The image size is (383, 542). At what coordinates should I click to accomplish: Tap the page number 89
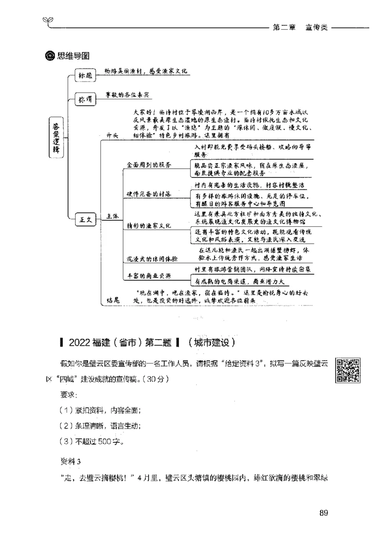tap(323, 513)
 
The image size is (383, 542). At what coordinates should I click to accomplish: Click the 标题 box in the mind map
tap(85, 75)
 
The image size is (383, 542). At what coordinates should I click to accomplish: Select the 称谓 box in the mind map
tap(85, 99)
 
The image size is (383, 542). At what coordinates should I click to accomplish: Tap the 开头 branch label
tap(113, 136)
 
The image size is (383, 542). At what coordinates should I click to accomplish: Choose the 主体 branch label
tap(113, 217)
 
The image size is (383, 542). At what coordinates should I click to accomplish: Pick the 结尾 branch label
tap(113, 300)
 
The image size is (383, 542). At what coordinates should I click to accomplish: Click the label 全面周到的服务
tap(149, 165)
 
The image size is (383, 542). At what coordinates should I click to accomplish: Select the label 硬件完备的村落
tap(149, 194)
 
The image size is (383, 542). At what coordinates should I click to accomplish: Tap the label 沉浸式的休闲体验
tap(152, 259)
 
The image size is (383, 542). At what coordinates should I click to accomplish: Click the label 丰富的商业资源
tap(149, 276)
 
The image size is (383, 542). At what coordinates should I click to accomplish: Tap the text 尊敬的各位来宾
tap(127, 95)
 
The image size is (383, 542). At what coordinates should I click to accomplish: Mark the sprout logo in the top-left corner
tap(47, 20)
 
